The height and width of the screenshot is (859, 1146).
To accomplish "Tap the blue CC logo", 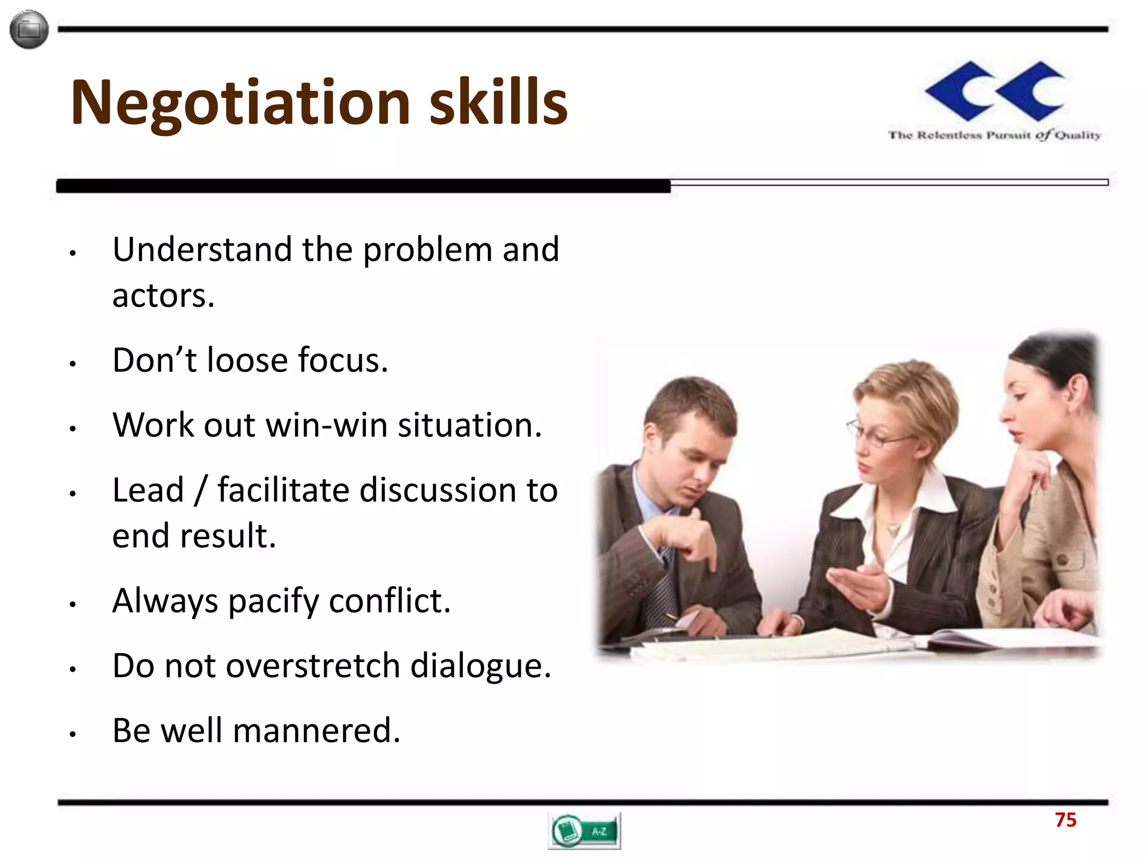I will pos(995,91).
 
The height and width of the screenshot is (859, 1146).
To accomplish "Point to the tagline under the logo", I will pos(994,135).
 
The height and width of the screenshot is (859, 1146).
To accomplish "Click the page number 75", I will pos(1065,820).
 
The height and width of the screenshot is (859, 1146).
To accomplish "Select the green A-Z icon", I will pos(584,831).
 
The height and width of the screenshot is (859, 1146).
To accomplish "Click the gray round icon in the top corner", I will pos(29,29).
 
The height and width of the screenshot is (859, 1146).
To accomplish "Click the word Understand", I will pos(202,249).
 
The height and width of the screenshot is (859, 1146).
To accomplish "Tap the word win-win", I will pos(326,425).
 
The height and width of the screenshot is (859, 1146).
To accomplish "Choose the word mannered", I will pos(316,731).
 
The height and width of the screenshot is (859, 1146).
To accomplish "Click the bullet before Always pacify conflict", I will pos(72,605).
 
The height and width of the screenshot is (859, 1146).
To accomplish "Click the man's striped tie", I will pos(660,587).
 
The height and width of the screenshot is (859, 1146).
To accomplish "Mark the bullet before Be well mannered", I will pos(72,734).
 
